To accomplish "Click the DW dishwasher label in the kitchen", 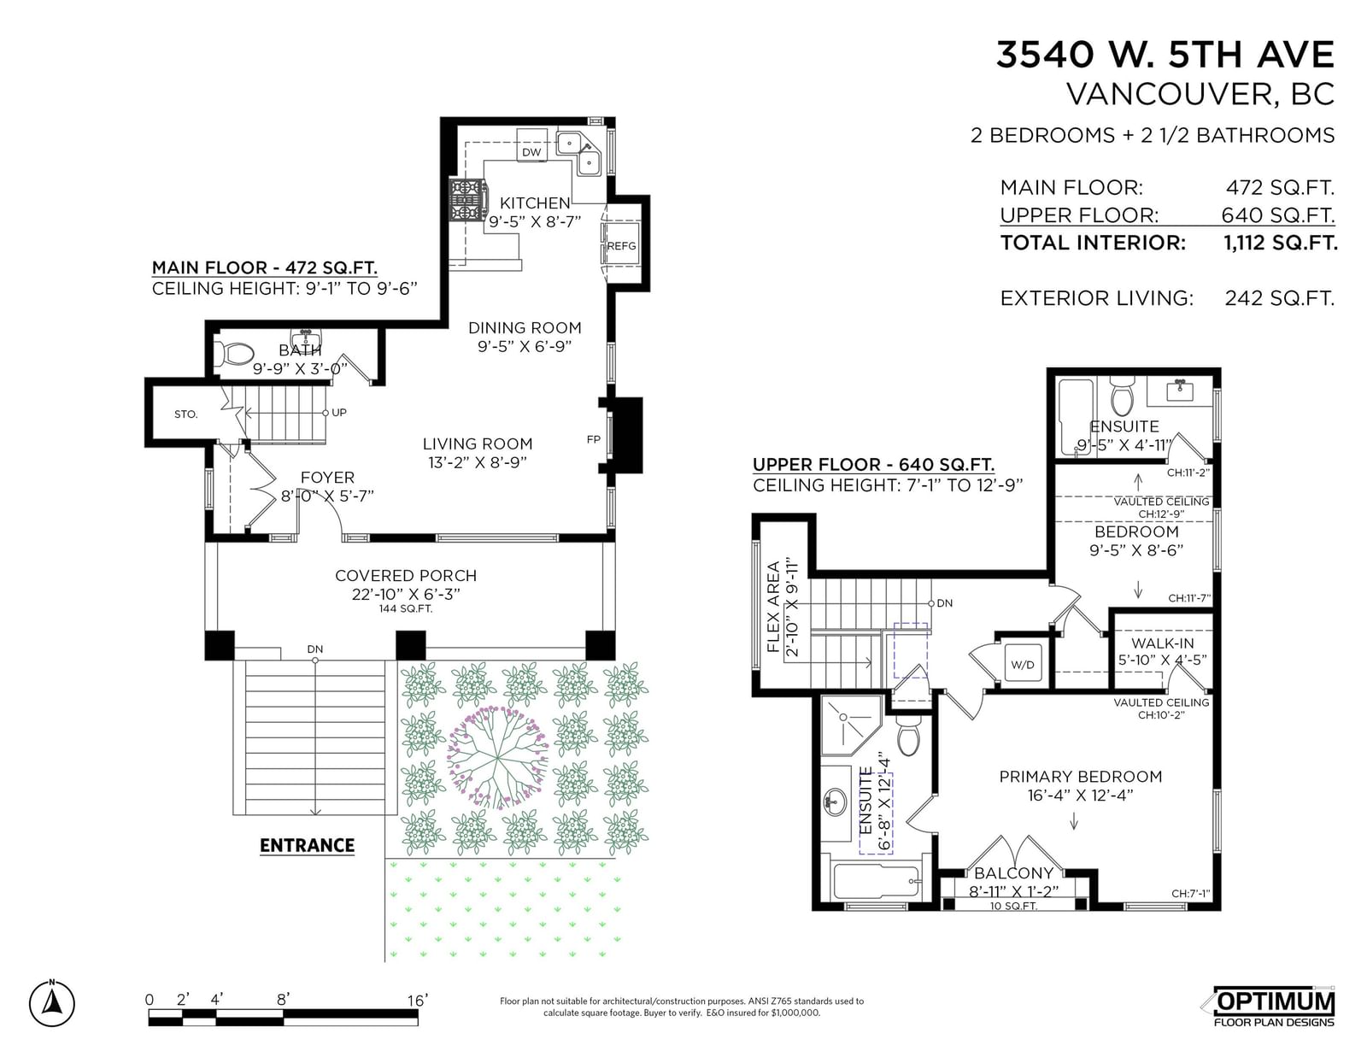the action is [x=531, y=152].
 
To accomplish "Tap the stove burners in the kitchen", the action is [x=467, y=199].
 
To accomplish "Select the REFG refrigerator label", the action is [x=621, y=246].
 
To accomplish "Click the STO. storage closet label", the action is [x=185, y=414].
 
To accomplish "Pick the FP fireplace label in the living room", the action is [x=593, y=440].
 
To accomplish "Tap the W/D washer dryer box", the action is [x=1023, y=665].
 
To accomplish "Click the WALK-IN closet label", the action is [x=1162, y=643].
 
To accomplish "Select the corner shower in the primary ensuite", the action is [x=850, y=725].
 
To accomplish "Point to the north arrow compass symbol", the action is [x=51, y=1003].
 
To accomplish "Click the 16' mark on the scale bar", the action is [x=418, y=1000].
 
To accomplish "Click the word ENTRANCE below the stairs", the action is [x=307, y=845].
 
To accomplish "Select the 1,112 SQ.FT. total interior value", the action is [x=1280, y=243].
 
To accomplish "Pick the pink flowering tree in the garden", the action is [x=497, y=758].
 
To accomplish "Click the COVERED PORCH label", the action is [x=406, y=576].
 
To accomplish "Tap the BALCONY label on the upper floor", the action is [x=1013, y=873].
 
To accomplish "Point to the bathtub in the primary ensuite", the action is [x=877, y=882].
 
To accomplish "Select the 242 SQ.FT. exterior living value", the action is [x=1280, y=298].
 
